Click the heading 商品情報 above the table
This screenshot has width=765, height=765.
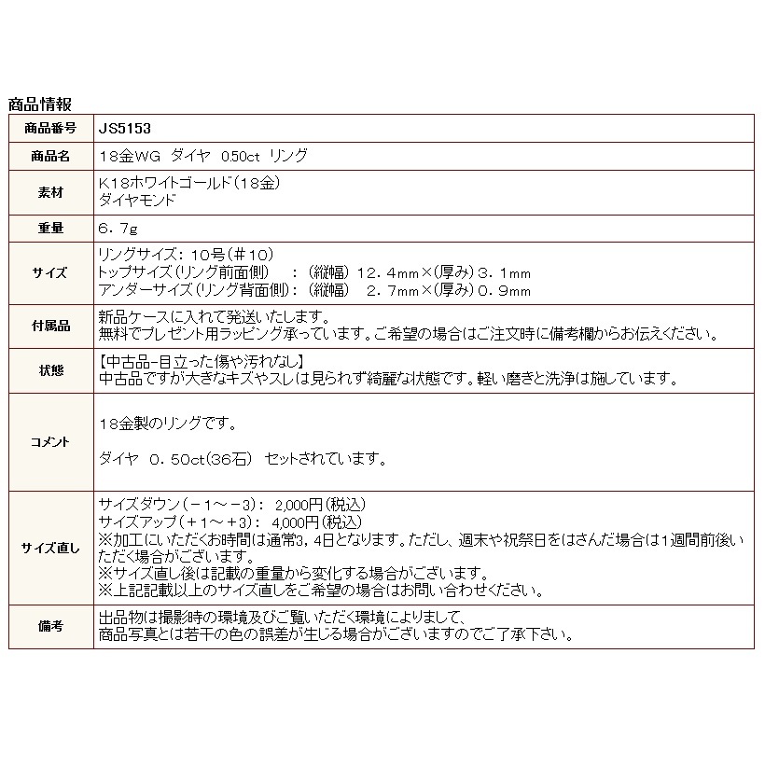click(39, 104)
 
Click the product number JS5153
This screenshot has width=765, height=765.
click(125, 129)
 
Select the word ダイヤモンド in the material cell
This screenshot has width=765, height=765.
click(136, 201)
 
